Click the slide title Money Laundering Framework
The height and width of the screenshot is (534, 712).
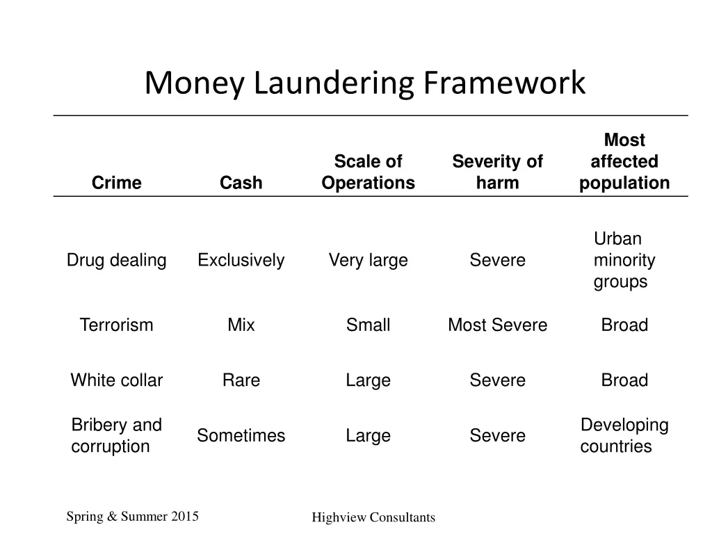coord(365,83)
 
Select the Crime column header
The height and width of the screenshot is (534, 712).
coord(116,183)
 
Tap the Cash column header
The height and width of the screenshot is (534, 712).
coord(241,183)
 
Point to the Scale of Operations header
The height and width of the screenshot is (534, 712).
coord(368,172)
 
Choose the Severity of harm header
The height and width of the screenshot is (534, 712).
coord(497,172)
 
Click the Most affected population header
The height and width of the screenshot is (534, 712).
coord(624,162)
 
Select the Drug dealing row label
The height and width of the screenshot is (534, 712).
coord(116,261)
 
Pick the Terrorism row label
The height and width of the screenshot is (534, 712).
coord(116,325)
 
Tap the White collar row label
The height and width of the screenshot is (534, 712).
coord(116,380)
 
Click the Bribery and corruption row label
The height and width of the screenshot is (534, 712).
coord(116,435)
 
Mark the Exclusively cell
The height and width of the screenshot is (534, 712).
coord(241,261)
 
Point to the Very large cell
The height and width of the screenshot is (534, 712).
coord(368,261)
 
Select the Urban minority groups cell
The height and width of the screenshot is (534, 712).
coord(624,261)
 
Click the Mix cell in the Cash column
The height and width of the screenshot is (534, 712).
coord(241,325)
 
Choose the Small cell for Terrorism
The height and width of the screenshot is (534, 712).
coord(368,325)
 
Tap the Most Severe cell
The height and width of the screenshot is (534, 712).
coord(497,325)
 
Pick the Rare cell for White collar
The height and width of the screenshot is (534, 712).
coord(241,380)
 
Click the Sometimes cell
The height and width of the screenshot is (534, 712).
coord(241,436)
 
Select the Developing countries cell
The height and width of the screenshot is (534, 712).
coord(624,435)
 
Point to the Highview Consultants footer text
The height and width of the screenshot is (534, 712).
coord(373,517)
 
